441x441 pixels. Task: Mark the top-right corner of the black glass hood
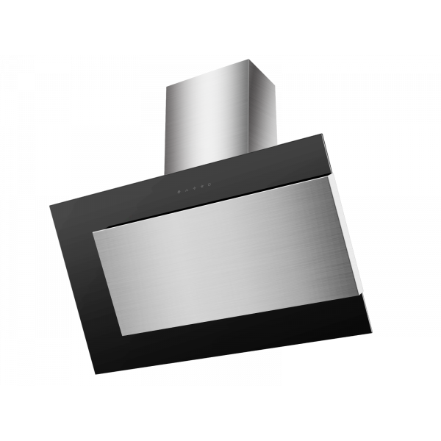pyautogui.click(x=320, y=135)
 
